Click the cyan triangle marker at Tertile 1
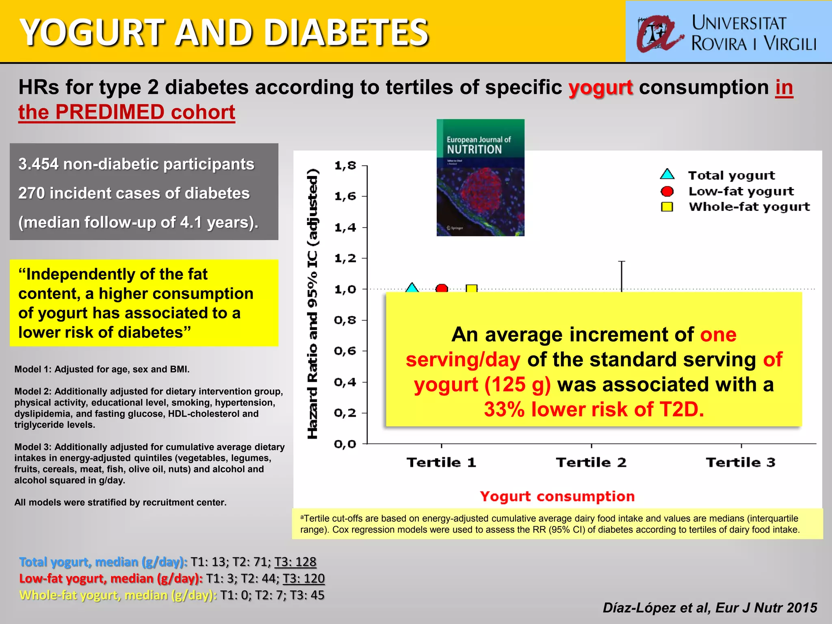(x=412, y=288)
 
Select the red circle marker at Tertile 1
(x=442, y=288)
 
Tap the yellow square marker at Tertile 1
(x=471, y=288)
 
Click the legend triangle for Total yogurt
(x=667, y=175)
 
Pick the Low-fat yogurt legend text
(x=741, y=191)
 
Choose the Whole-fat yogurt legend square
(x=667, y=207)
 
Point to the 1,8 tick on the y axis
(x=345, y=165)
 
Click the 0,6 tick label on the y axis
(x=345, y=351)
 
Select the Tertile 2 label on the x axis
(x=591, y=462)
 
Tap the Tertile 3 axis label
(x=741, y=462)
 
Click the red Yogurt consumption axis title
(x=557, y=496)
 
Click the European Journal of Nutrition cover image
(x=480, y=178)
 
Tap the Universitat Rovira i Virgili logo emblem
(x=658, y=34)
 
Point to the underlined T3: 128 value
(x=295, y=562)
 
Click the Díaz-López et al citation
(x=710, y=607)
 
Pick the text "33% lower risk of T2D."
(x=594, y=409)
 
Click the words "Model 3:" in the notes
(x=33, y=447)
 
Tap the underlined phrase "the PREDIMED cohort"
(x=127, y=112)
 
